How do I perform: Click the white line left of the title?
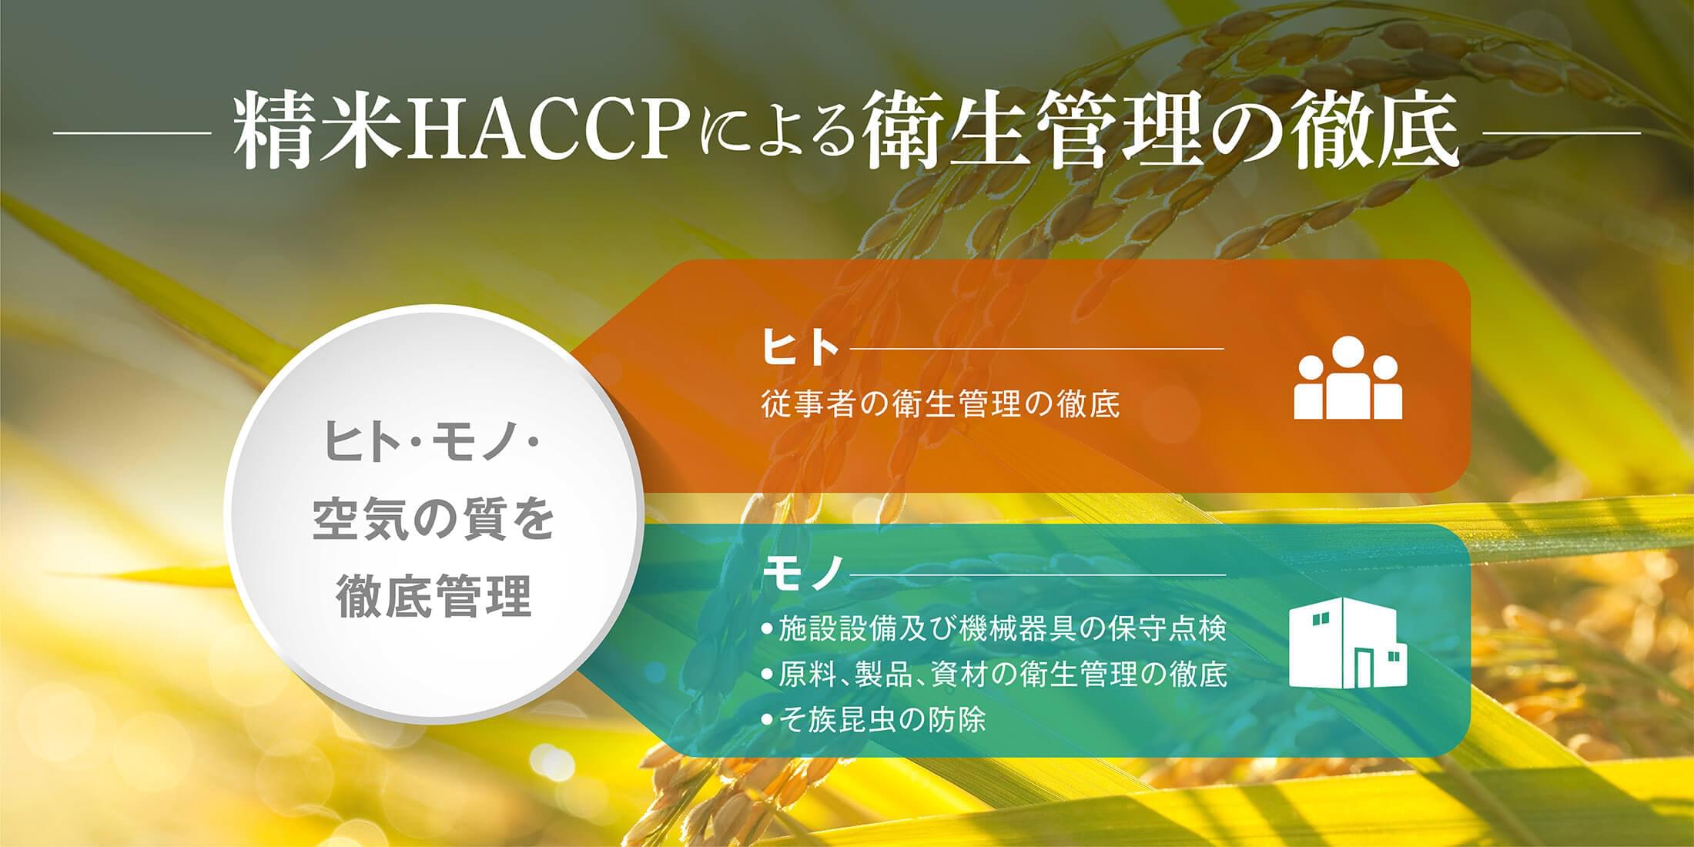coord(132,133)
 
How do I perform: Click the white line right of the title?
coord(1561,133)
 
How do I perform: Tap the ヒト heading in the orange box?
coord(799,347)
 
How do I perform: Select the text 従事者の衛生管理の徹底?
coord(940,404)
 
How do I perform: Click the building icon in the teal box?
coord(1347,642)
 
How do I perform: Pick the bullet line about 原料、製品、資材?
coord(993,675)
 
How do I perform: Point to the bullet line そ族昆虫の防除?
coord(873,720)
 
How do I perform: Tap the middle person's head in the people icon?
coord(1347,353)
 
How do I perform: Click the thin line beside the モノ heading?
coord(1037,574)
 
